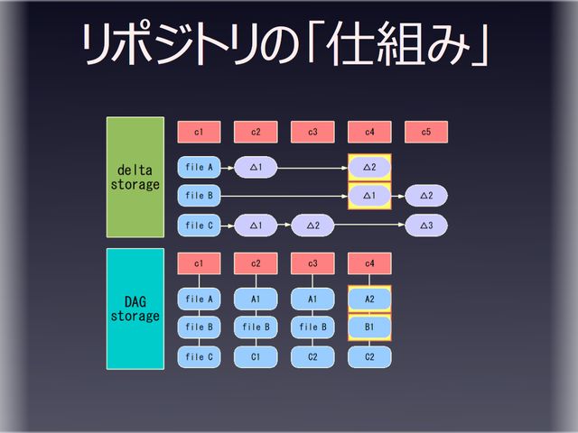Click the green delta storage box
(135, 177)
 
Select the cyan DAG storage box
(135, 309)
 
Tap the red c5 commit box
(426, 133)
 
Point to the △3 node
(426, 225)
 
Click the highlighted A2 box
(369, 298)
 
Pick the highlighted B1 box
(369, 327)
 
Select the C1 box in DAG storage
(256, 356)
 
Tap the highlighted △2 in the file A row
(369, 167)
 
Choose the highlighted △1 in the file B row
(369, 196)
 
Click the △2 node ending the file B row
(426, 196)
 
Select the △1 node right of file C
(256, 225)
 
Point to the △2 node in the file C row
(312, 225)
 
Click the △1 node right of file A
(256, 167)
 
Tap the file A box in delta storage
(199, 167)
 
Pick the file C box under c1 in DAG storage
(199, 356)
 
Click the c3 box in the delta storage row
(312, 133)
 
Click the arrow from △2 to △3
(369, 225)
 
